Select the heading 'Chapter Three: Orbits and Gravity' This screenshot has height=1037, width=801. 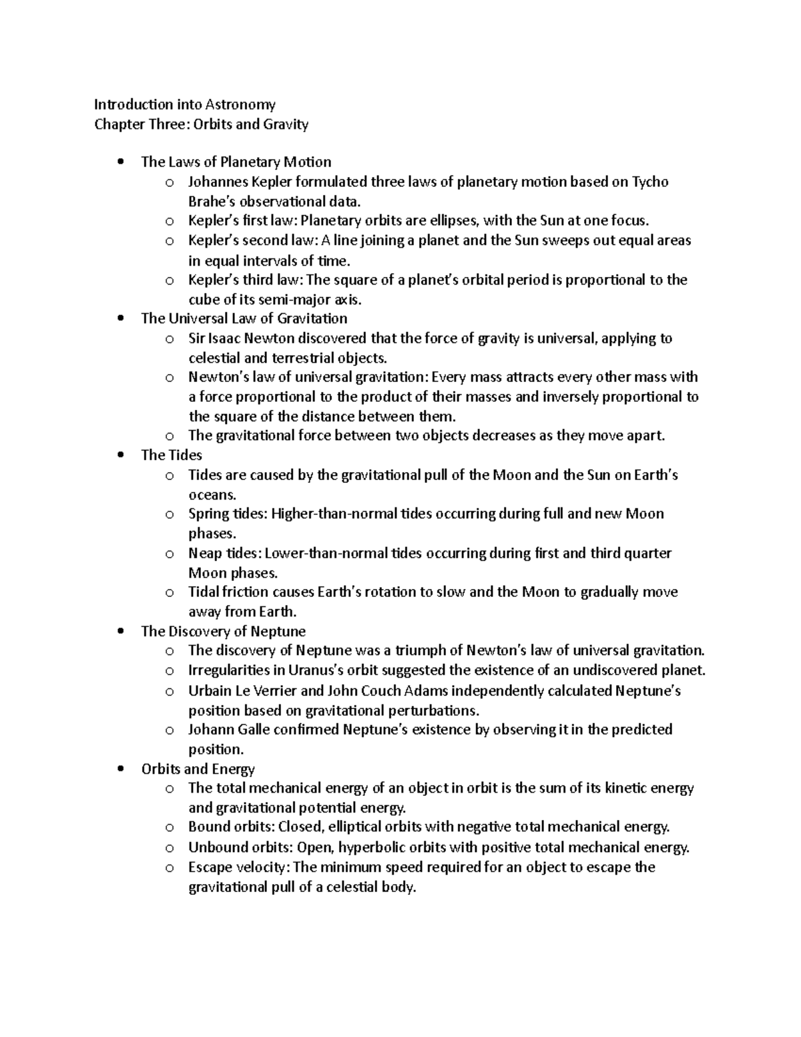point(201,124)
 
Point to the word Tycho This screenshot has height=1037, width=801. point(650,182)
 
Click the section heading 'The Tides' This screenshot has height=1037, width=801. point(172,455)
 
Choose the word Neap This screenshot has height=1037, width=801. point(204,554)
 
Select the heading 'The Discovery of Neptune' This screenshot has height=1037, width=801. point(223,631)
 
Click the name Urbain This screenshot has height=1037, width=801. point(210,690)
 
